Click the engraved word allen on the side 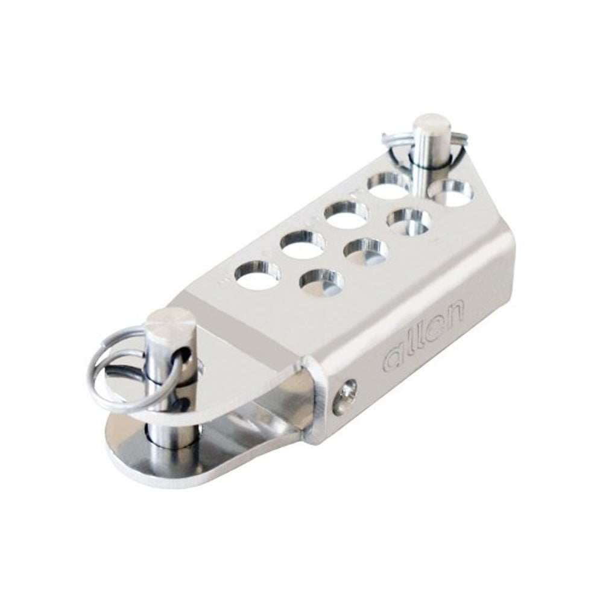point(425,336)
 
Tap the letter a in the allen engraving point(393,361)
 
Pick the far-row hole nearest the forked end point(256,274)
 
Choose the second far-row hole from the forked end point(301,244)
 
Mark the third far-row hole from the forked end point(346,213)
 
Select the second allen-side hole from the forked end point(365,250)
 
